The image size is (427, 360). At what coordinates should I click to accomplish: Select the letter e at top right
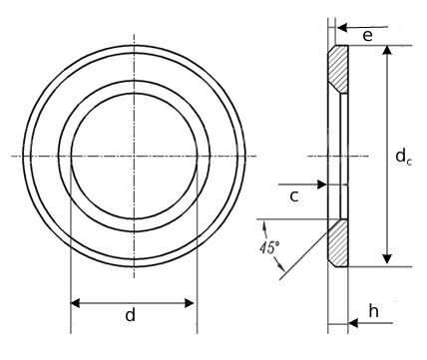pyautogui.click(x=368, y=36)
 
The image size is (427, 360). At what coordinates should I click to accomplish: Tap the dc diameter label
pyautogui.click(x=401, y=156)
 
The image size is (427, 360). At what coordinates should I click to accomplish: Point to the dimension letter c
pyautogui.click(x=294, y=196)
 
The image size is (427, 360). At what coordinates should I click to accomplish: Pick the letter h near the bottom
pyautogui.click(x=373, y=312)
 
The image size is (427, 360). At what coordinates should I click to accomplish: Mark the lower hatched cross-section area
pyautogui.click(x=338, y=242)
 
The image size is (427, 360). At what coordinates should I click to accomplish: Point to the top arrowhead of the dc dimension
pyautogui.click(x=385, y=51)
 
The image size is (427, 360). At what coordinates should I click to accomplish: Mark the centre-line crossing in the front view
pyautogui.click(x=133, y=156)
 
